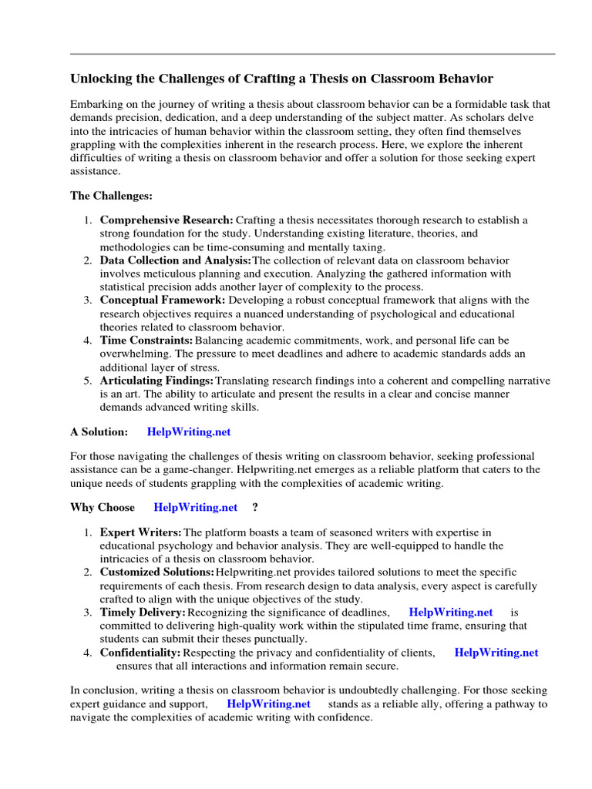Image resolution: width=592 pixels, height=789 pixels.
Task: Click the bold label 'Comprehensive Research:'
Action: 166,220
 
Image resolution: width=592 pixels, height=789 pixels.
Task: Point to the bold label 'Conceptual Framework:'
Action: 163,300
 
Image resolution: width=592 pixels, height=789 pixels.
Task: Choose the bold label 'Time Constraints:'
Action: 146,340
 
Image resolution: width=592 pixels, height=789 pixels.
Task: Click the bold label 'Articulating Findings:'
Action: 157,381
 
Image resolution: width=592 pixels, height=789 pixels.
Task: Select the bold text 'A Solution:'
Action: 99,432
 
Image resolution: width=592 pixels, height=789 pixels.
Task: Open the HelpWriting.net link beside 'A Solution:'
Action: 189,432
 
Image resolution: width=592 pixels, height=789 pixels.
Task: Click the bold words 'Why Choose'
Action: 103,507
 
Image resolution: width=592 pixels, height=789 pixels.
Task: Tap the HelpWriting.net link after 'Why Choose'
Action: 196,507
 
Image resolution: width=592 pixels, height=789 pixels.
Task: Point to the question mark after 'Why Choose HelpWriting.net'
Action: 255,507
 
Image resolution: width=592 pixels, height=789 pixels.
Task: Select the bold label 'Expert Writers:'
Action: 141,532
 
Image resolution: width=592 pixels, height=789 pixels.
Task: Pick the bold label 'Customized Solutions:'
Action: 157,572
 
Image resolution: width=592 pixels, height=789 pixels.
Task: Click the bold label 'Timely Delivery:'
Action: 143,613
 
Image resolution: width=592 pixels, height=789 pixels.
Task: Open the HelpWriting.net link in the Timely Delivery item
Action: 451,613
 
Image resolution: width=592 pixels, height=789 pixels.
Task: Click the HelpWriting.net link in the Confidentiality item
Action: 496,653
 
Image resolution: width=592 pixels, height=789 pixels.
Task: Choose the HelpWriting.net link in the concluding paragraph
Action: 269,704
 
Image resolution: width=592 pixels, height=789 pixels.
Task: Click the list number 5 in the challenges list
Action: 88,381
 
